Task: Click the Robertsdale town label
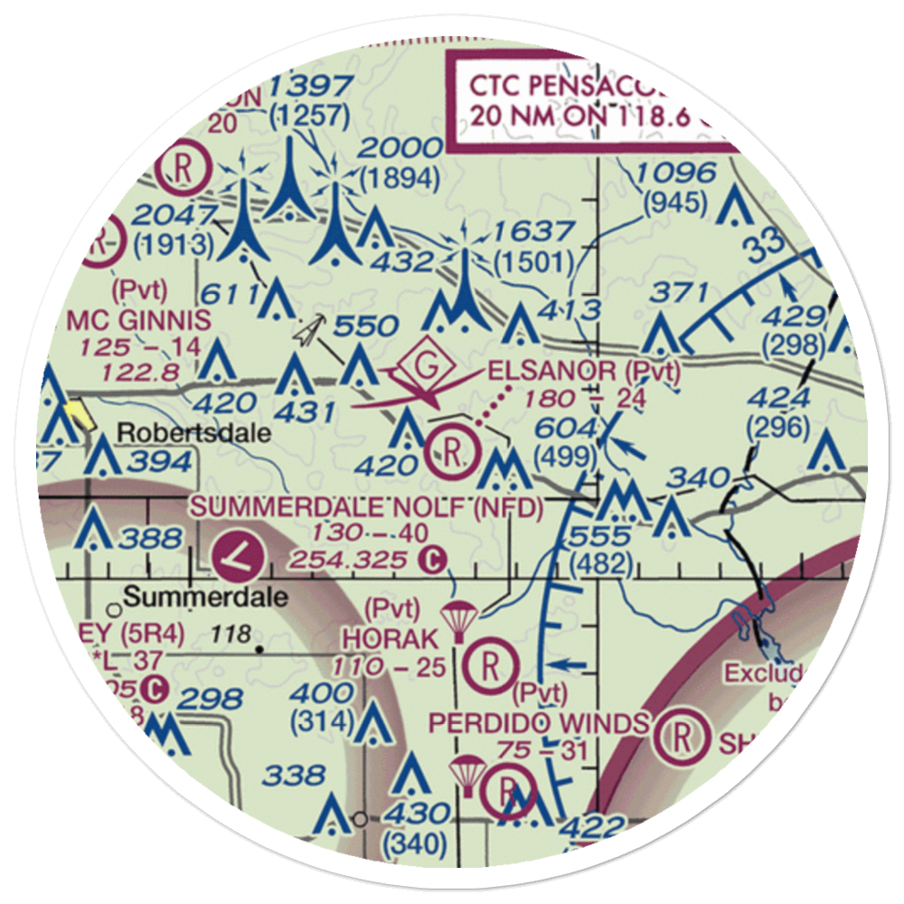pyautogui.click(x=195, y=432)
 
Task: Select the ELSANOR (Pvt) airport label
pyautogui.click(x=584, y=370)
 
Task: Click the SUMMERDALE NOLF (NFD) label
pyautogui.click(x=367, y=508)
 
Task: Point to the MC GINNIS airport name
pyautogui.click(x=139, y=319)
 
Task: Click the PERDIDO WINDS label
pyautogui.click(x=539, y=723)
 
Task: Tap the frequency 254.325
pyautogui.click(x=347, y=560)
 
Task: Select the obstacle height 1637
pyautogui.click(x=529, y=231)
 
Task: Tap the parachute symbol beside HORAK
pyautogui.click(x=457, y=620)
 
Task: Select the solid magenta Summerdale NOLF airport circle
pyautogui.click(x=240, y=555)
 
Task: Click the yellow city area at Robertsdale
pyautogui.click(x=79, y=415)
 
